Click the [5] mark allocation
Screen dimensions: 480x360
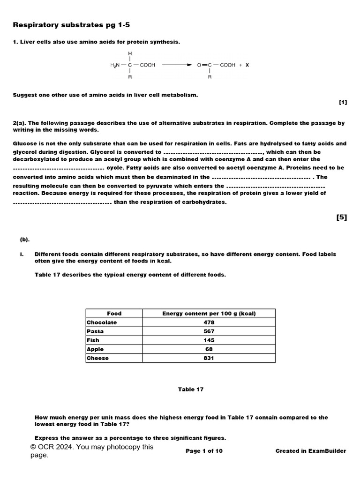point(342,217)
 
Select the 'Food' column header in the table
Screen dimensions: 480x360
point(114,314)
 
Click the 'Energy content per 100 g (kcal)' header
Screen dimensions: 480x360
point(209,314)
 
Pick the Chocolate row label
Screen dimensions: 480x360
point(102,322)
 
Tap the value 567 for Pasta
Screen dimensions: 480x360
point(209,331)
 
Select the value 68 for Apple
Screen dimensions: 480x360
point(209,349)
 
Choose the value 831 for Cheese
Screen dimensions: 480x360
point(209,358)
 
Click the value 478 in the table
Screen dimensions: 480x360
point(209,322)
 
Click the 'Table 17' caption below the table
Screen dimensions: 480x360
point(191,389)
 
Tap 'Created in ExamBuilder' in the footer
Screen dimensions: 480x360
point(311,451)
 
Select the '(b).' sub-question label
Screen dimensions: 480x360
point(24,240)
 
